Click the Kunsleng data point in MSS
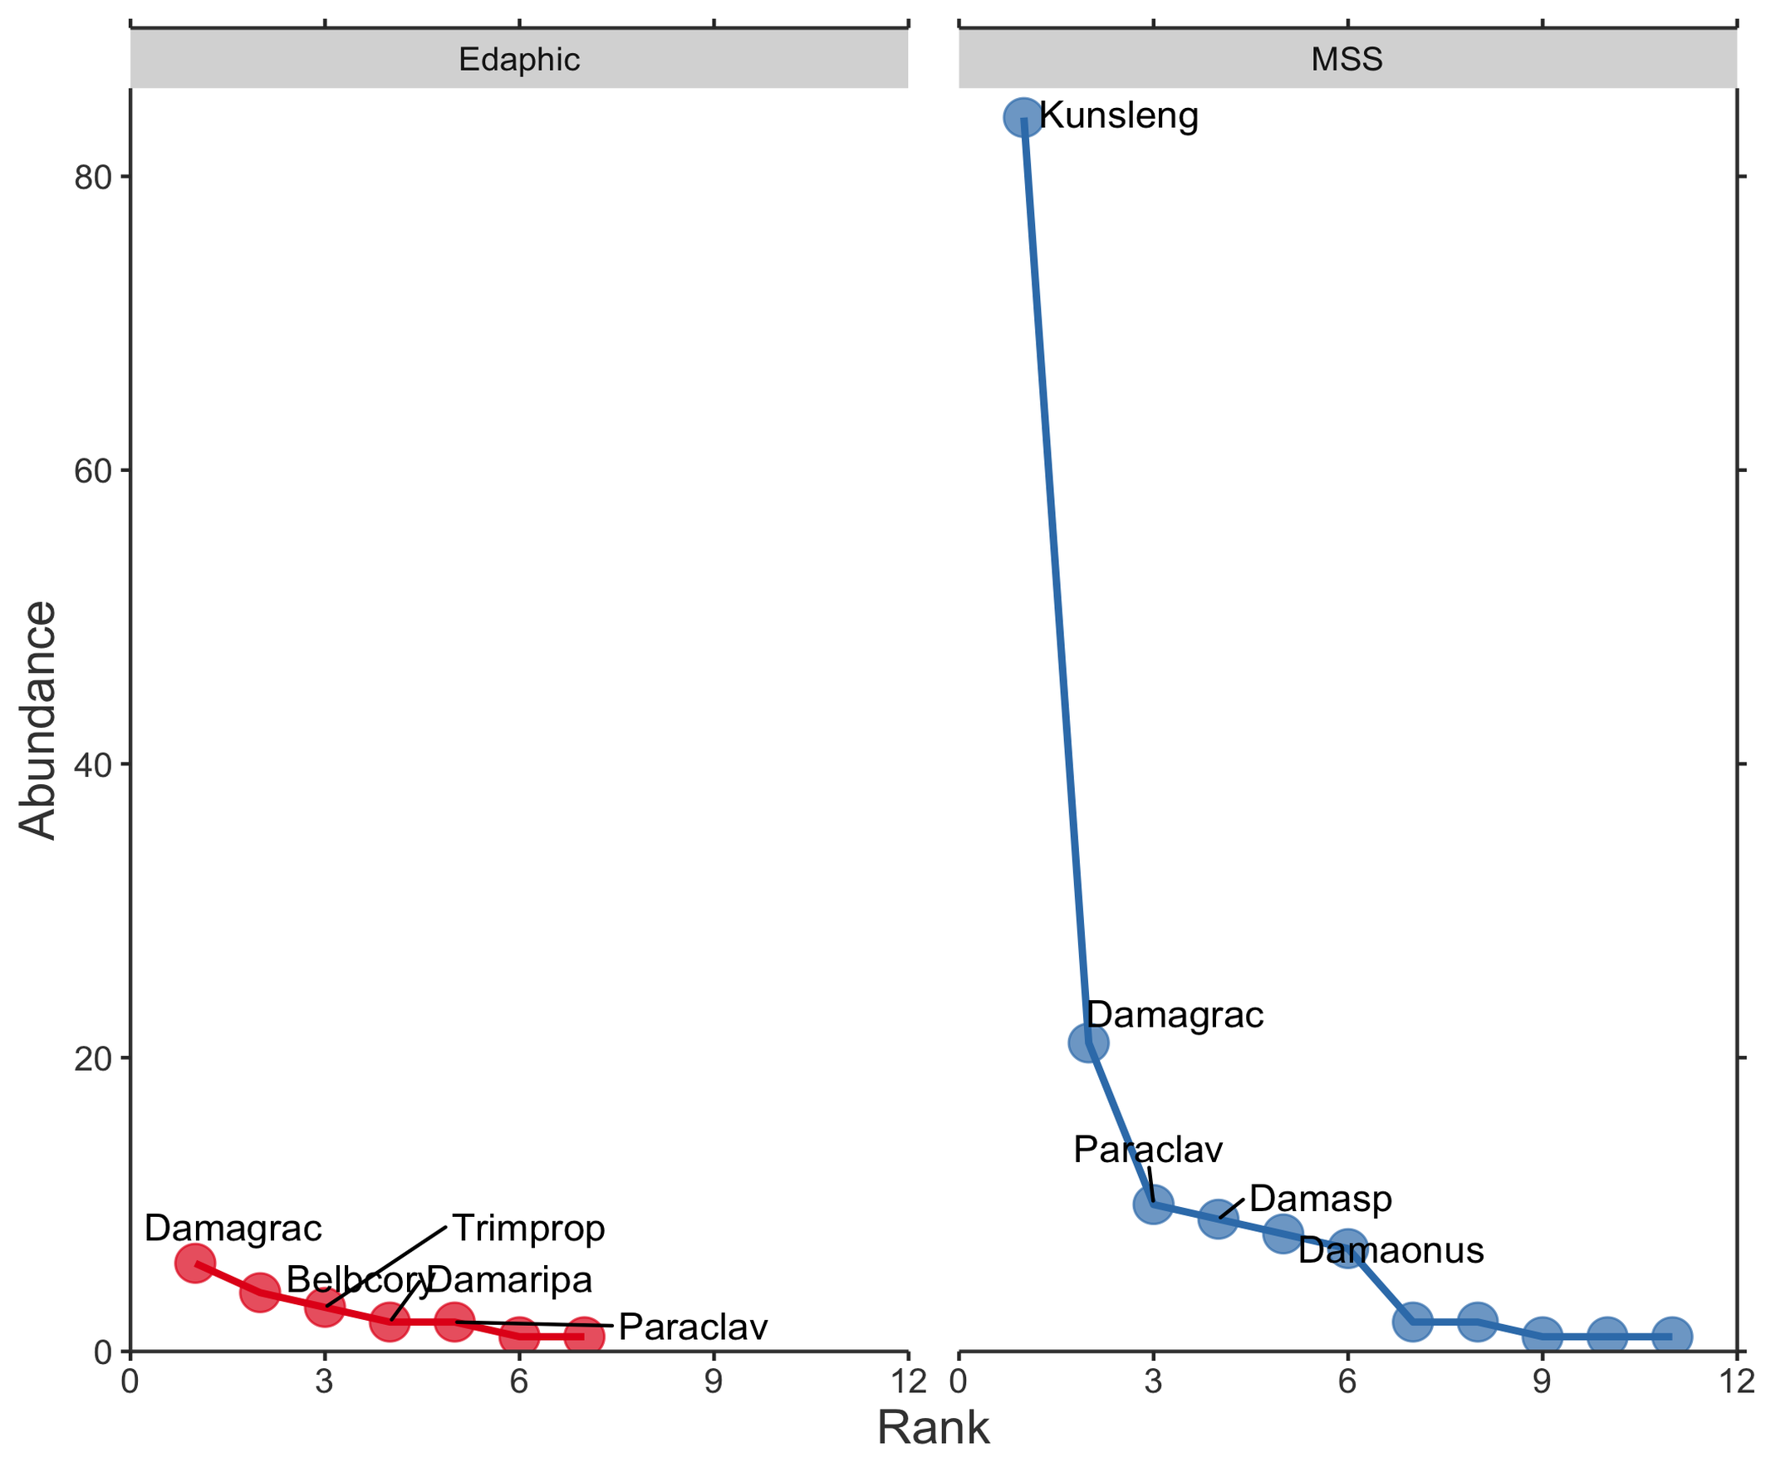tap(1023, 117)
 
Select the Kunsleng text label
tap(1118, 115)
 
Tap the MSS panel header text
tap(1347, 59)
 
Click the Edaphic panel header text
tap(519, 59)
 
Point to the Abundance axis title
tap(37, 720)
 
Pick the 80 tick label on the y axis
tap(92, 178)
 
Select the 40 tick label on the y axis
tap(92, 764)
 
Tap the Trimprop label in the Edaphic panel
tap(528, 1229)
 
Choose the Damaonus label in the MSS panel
tap(1391, 1251)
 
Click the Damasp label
tap(1320, 1199)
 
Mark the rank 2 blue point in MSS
tap(1088, 1043)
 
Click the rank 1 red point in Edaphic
tap(194, 1263)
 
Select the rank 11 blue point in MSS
tap(1672, 1337)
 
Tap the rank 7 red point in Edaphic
tap(584, 1337)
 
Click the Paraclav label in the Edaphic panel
tap(693, 1327)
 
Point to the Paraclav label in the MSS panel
tap(1148, 1150)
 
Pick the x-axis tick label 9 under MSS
tap(1542, 1381)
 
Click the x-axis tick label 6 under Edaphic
tap(519, 1381)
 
